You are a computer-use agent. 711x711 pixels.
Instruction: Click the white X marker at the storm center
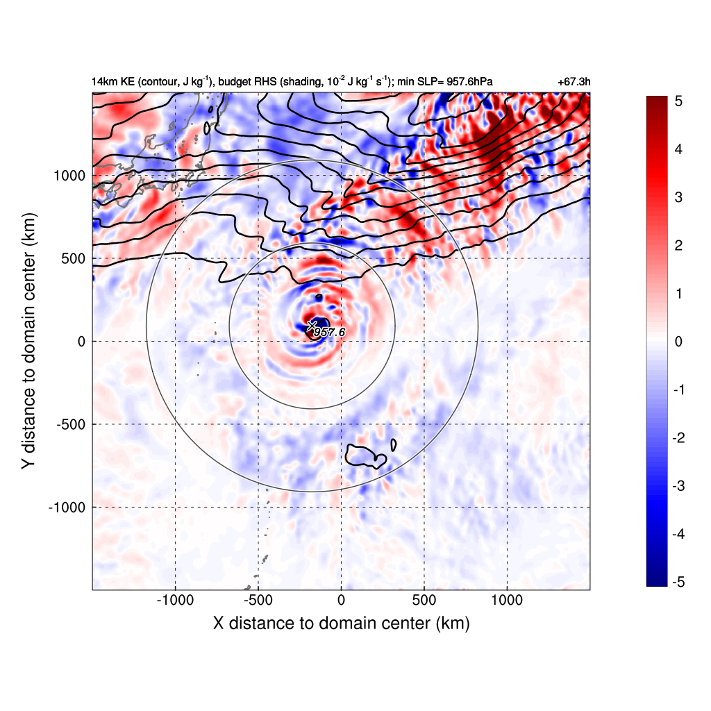point(312,325)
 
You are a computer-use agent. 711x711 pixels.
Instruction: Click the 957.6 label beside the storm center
point(329,333)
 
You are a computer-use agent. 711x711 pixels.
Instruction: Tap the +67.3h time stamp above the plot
point(574,82)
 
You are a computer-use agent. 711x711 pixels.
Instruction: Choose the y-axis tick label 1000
point(69,175)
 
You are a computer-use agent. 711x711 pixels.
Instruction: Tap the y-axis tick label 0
point(82,342)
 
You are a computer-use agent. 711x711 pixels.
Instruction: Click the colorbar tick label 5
point(678,101)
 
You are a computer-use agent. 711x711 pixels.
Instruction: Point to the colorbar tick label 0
point(678,342)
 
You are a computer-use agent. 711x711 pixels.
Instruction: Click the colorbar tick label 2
point(678,246)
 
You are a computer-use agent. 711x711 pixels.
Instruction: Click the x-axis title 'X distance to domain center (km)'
point(341,624)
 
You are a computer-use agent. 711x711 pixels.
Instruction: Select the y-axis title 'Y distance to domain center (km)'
point(28,342)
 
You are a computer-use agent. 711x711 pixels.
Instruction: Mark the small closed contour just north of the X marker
point(319,297)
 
